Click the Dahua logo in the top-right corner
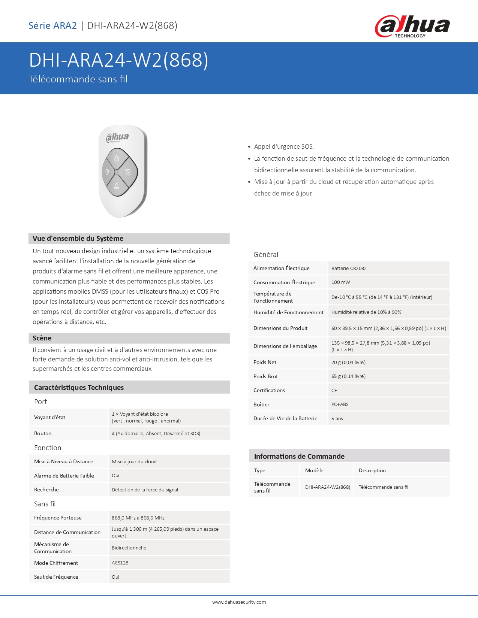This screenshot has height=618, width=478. [412, 26]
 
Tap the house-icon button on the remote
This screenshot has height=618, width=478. [117, 158]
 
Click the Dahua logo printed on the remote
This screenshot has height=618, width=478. [117, 137]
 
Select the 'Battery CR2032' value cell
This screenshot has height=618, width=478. [349, 268]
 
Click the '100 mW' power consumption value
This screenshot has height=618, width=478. [340, 282]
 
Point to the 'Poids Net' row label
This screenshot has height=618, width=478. [265, 362]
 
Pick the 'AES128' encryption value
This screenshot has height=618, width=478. [120, 563]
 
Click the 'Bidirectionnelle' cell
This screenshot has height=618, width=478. [129, 548]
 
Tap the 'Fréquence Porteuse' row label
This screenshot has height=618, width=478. [58, 518]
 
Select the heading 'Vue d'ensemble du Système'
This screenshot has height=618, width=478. [78, 239]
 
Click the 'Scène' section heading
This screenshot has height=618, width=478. [42, 338]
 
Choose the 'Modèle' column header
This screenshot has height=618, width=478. [314, 470]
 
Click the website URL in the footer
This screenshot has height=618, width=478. [239, 602]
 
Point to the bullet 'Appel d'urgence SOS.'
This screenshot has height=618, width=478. [284, 146]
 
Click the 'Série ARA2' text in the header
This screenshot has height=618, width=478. [52, 25]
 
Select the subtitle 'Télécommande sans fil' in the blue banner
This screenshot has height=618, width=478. [78, 79]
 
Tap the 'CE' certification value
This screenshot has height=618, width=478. [334, 390]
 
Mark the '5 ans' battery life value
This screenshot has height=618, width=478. [337, 418]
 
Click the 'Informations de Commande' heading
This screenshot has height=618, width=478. [299, 456]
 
